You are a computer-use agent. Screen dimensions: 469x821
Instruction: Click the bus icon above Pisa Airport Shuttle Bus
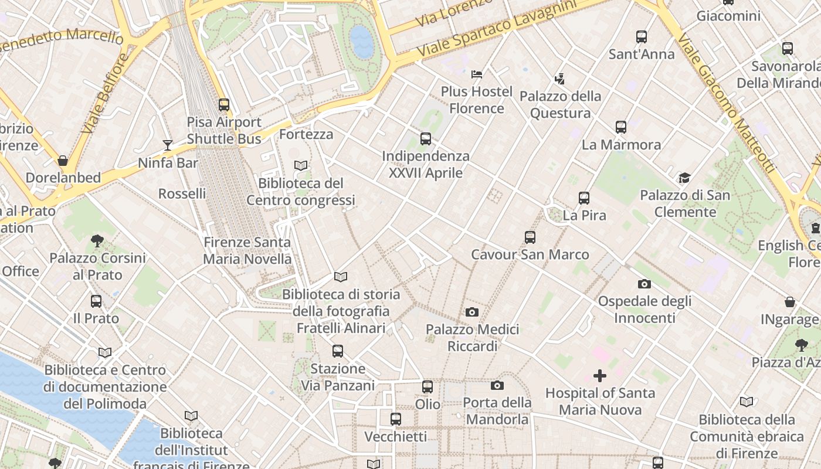tap(224, 105)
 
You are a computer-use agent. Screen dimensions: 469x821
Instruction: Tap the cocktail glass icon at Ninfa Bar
tap(168, 145)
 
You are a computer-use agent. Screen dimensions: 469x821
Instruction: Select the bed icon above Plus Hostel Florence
tap(477, 74)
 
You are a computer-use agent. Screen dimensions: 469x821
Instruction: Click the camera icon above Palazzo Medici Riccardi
tap(472, 312)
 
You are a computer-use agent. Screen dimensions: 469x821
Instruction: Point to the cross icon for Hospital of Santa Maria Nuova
tap(600, 375)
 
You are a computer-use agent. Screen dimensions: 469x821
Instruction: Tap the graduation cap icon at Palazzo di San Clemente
tap(684, 178)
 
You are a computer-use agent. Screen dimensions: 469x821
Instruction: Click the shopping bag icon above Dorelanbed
tap(63, 160)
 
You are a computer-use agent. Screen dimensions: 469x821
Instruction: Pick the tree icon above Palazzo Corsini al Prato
tap(97, 240)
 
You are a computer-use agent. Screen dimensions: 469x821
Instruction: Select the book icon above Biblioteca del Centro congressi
tap(301, 166)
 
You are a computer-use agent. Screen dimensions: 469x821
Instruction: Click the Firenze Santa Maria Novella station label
tap(247, 250)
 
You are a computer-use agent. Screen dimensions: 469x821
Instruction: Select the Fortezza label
tap(306, 134)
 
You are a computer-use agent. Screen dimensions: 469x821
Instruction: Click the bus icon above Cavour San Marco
tap(530, 237)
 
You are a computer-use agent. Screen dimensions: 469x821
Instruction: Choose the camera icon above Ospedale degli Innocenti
tap(644, 284)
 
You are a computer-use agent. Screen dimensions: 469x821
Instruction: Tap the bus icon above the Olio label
tap(428, 387)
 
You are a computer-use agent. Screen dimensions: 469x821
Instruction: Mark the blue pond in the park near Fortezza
tap(361, 42)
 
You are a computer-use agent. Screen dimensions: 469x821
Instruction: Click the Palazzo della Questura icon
tap(560, 79)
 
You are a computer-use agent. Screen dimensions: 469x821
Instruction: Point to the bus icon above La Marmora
tap(621, 127)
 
